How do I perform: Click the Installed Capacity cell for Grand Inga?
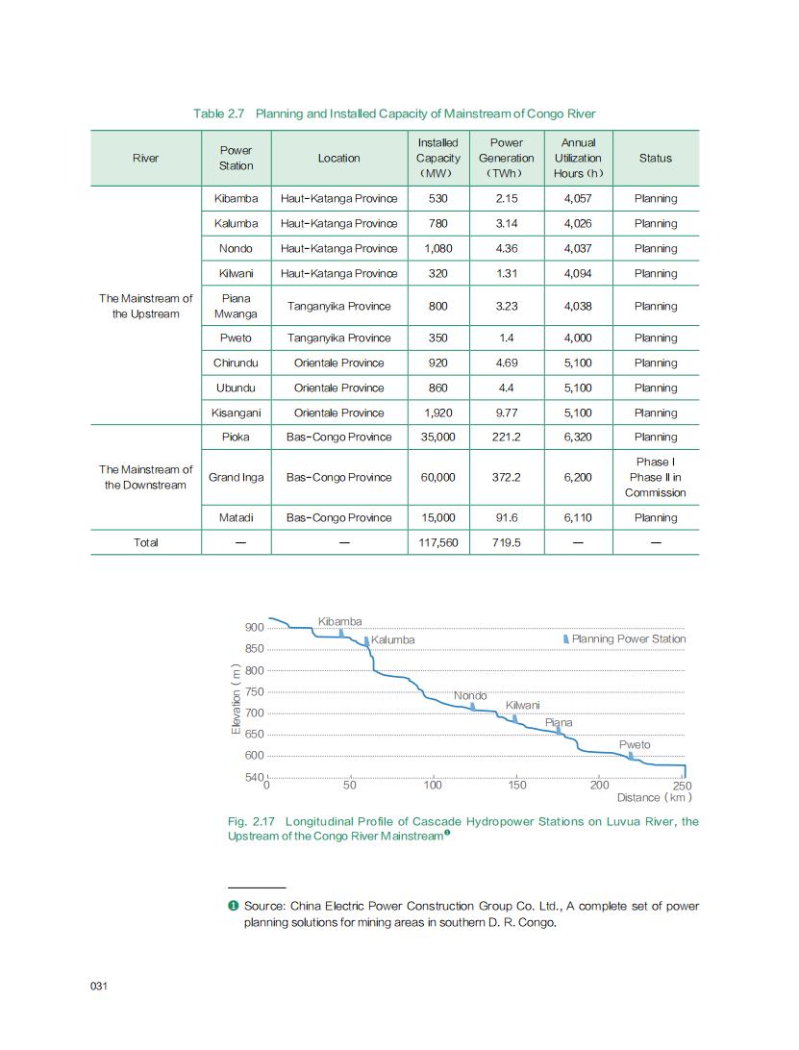click(x=437, y=477)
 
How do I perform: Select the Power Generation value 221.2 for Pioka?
click(x=506, y=437)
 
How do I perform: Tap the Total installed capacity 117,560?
click(x=437, y=542)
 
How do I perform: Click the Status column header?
click(x=655, y=158)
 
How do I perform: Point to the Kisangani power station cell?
click(x=236, y=412)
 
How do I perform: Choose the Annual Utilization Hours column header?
click(x=578, y=158)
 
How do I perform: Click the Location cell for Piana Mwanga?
click(x=338, y=306)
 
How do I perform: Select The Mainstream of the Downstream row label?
click(x=146, y=477)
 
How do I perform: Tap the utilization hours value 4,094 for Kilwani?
click(x=578, y=273)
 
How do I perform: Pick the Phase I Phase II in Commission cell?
click(x=655, y=477)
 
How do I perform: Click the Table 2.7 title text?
click(x=394, y=113)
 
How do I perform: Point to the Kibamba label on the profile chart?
click(x=339, y=621)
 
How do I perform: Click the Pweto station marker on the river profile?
click(x=631, y=756)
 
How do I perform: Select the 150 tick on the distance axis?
click(x=516, y=786)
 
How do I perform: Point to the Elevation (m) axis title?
click(x=236, y=699)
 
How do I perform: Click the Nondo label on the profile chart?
click(x=470, y=695)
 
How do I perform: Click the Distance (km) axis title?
click(x=654, y=797)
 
